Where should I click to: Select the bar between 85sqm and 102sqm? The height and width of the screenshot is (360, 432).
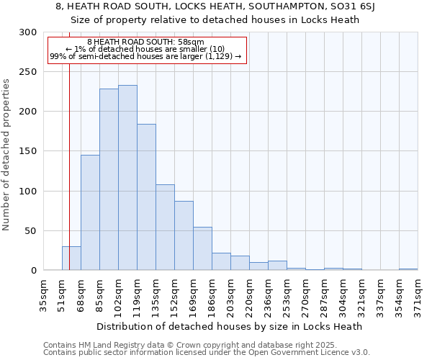[109, 180]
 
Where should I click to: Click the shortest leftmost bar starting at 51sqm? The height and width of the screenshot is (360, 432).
[71, 258]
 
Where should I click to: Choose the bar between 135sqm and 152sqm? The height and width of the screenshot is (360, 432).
[165, 228]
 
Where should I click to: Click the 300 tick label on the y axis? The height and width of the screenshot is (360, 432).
[27, 32]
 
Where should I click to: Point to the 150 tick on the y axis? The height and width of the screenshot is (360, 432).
[27, 152]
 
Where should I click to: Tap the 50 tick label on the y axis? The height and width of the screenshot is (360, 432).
[30, 231]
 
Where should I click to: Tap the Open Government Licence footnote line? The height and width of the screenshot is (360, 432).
[207, 353]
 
